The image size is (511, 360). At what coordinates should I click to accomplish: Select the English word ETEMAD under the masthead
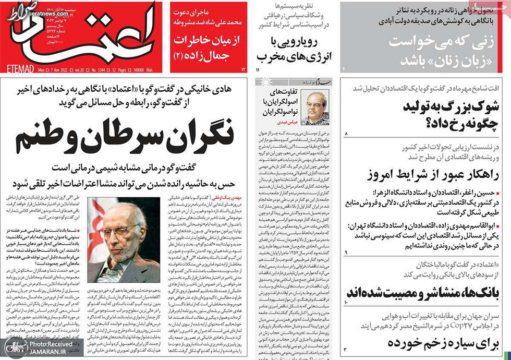click(20, 68)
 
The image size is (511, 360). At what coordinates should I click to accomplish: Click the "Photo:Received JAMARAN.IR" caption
click(48, 348)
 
